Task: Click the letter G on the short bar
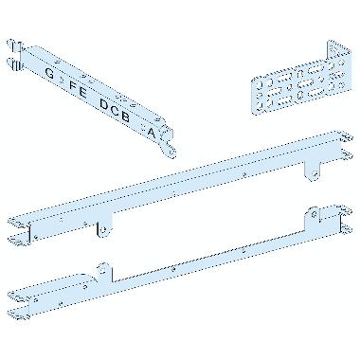click(x=49, y=73)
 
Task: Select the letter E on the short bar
click(x=82, y=92)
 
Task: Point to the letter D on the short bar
click(x=104, y=104)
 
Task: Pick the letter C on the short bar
click(x=116, y=110)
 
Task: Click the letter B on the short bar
click(x=126, y=117)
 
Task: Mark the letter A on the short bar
click(x=152, y=133)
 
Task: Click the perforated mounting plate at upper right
click(x=301, y=81)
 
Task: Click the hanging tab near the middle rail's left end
click(x=103, y=228)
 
